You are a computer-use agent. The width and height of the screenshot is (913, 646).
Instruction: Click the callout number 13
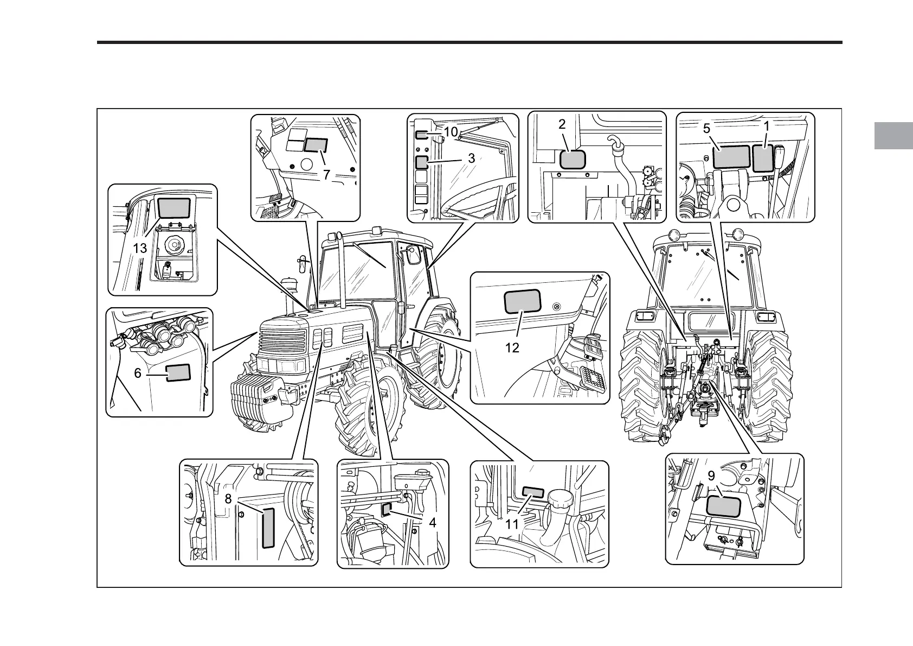pos(140,249)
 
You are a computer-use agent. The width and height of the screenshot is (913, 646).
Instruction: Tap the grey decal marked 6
pos(178,373)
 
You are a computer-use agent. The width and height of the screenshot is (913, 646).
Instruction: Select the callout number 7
pos(326,175)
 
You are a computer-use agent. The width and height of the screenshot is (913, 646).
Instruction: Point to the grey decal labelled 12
pos(523,302)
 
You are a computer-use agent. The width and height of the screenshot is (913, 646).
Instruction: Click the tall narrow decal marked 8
pos(268,528)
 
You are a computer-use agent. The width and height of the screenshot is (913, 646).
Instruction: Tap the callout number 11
pos(512,524)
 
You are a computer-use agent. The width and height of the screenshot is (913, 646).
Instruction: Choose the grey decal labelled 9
pos(723,506)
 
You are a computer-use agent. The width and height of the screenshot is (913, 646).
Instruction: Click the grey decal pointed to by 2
pos(573,160)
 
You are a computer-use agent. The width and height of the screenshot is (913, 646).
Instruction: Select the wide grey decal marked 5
pos(731,157)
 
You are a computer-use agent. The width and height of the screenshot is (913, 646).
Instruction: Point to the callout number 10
pos(451,132)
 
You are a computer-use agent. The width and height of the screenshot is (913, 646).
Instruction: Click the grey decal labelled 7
pos(316,145)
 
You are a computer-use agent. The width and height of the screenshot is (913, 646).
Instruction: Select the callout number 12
pos(512,347)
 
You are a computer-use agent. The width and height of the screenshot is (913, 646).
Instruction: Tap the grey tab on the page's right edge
pos(893,136)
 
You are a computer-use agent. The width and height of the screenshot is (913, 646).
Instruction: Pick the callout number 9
pos(711,476)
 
